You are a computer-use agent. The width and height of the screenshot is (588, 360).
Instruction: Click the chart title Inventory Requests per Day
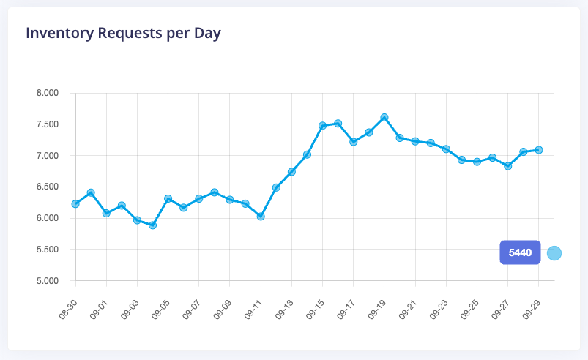tap(123, 33)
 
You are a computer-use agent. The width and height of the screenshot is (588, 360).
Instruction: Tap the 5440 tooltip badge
tap(520, 252)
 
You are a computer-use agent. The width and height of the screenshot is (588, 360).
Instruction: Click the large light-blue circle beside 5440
tap(554, 253)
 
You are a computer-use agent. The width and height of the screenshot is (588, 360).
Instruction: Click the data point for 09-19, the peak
tap(384, 117)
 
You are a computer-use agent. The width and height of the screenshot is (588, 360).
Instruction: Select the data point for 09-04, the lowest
tap(152, 225)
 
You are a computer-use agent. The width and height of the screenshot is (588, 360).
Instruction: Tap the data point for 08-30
tap(75, 203)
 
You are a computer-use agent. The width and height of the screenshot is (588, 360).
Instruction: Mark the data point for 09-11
tap(261, 216)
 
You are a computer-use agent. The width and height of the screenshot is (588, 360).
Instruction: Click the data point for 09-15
tap(322, 125)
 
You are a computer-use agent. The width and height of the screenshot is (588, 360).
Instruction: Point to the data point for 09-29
tap(539, 149)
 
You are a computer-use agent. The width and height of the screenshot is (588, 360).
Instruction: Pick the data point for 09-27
tap(508, 165)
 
